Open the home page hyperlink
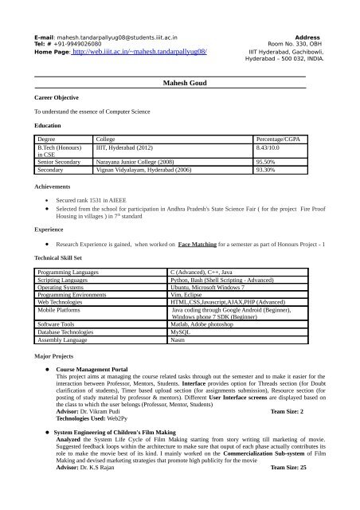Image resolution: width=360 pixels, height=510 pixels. [139, 50]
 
